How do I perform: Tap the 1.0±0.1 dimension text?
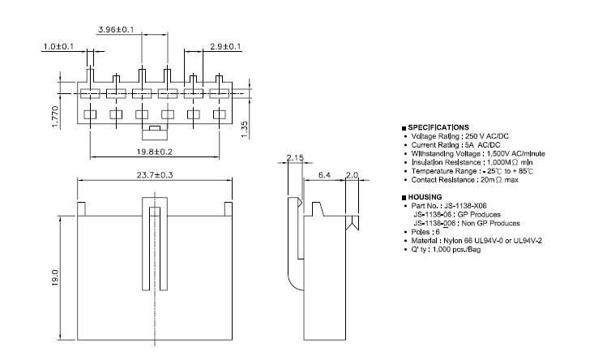[x=58, y=46]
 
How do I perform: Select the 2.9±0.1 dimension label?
[x=224, y=46]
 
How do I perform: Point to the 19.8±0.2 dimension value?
[x=155, y=152]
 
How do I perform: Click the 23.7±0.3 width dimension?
[x=155, y=175]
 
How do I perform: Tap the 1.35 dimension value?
[x=244, y=128]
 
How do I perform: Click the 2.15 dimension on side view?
[x=294, y=157]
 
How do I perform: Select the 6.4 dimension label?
[x=323, y=174]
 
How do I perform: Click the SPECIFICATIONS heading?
[x=438, y=127]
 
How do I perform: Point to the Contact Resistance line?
[x=465, y=179]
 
